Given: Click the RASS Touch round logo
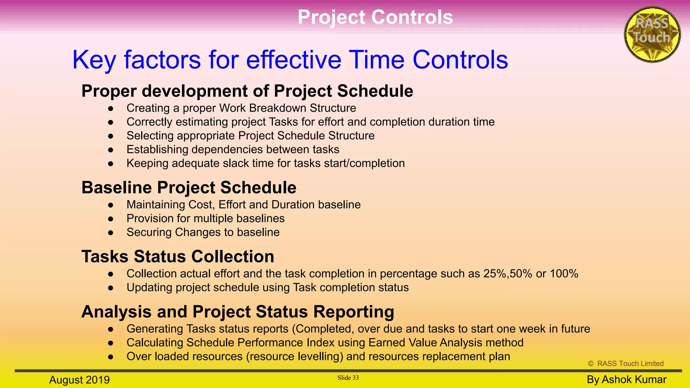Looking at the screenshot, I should click(652, 34).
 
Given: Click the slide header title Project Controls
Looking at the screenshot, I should click(375, 17).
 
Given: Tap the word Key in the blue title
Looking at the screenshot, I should click(94, 60).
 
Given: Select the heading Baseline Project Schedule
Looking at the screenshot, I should click(189, 188).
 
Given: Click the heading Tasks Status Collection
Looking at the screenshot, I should click(178, 257).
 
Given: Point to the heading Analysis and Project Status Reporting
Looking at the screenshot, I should click(238, 312).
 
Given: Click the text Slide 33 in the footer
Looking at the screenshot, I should click(348, 378).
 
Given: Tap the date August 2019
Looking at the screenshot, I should click(80, 380).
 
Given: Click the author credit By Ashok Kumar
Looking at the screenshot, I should click(626, 380).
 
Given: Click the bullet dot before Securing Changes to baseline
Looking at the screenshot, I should click(111, 233).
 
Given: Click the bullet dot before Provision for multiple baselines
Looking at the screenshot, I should click(111, 219).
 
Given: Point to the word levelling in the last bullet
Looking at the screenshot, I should click(319, 356).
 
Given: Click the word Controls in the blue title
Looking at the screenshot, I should click(460, 60).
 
